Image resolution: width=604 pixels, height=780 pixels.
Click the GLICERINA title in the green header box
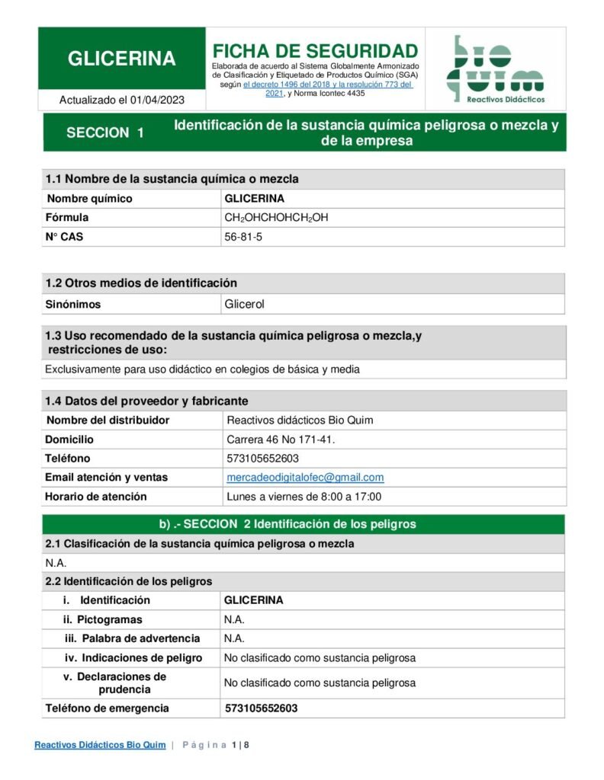pos(122,59)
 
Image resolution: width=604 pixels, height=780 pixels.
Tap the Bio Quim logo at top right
pos(495,69)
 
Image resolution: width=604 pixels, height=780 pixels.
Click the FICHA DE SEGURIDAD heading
pos(315,51)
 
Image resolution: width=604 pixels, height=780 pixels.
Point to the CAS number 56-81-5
pos(243,237)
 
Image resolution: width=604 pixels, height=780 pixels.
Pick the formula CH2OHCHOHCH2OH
pos(276,218)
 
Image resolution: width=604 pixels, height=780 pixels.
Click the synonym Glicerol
pos(244,304)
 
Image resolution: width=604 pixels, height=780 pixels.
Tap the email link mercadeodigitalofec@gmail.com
pos(305,478)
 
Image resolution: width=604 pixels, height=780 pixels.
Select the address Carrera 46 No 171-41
pos(281,440)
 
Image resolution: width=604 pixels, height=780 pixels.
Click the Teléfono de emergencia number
pos(261,708)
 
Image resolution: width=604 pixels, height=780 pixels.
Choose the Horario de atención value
pos(304,497)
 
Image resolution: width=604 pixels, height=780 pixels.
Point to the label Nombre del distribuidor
pos(108,420)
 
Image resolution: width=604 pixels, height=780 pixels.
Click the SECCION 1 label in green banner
pos(105,133)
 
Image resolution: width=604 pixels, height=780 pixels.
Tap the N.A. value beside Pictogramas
pos(234,619)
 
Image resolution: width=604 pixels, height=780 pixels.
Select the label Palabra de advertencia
pos(141,638)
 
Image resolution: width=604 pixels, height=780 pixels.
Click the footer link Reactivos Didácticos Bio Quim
pos(100,745)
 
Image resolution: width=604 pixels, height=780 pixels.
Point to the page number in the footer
pos(240,745)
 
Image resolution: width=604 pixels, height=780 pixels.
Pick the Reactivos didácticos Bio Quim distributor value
pos(300,420)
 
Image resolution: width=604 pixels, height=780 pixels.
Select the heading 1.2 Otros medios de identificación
pos(141,283)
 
